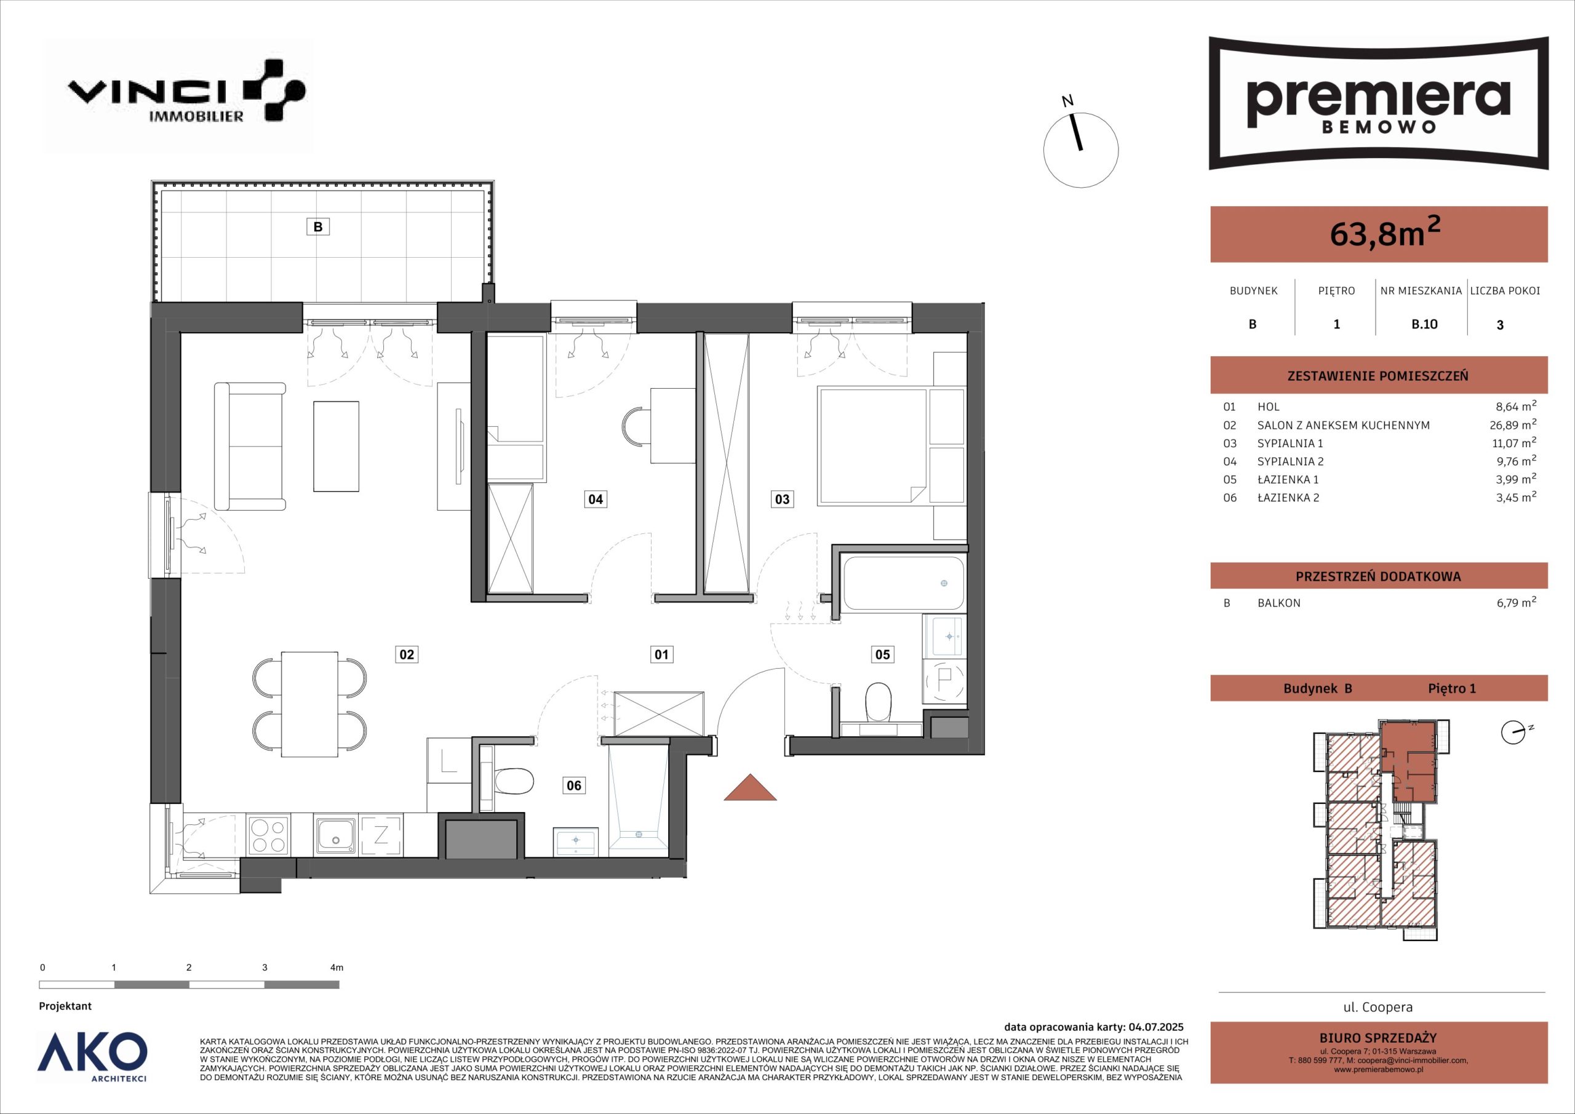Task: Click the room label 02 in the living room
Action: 407,654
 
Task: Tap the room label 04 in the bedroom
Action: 596,499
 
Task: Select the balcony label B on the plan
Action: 317,226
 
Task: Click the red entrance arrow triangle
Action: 750,787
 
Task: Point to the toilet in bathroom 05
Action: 878,702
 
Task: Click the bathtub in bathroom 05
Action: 903,583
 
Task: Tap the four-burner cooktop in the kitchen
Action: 268,835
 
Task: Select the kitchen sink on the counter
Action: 337,835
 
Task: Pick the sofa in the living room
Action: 250,447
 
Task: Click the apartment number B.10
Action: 1424,324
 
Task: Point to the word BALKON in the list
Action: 1278,603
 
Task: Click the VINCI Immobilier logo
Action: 185,91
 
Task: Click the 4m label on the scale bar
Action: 336,968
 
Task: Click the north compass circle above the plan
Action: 1080,150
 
